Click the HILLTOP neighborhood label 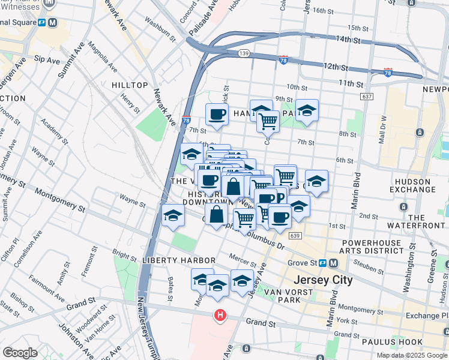[x=130, y=86]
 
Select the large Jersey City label [x=323, y=280]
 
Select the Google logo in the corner [x=20, y=353]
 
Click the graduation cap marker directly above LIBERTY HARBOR [x=173, y=215]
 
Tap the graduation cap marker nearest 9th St [x=306, y=110]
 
